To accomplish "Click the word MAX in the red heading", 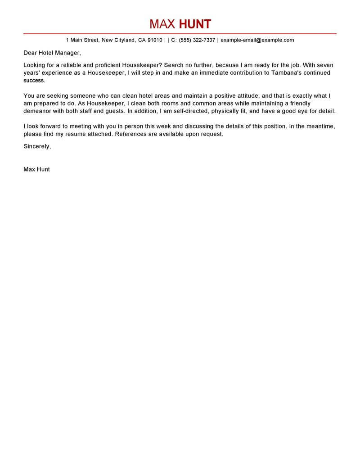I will pos(162,24).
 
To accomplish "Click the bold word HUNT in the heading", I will pos(195,24).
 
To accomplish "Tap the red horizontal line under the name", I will pos(180,34).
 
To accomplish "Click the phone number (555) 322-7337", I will pos(197,40).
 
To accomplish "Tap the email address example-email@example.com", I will pos(257,40).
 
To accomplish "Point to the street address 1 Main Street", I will pos(82,40).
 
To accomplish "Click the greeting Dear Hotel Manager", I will pos(52,53).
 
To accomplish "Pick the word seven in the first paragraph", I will pos(324,65).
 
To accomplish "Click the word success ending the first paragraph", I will pos(34,81).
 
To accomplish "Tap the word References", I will pos(131,134).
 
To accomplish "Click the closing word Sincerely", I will pos(37,146).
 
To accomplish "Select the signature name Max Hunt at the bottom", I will pos(36,169).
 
